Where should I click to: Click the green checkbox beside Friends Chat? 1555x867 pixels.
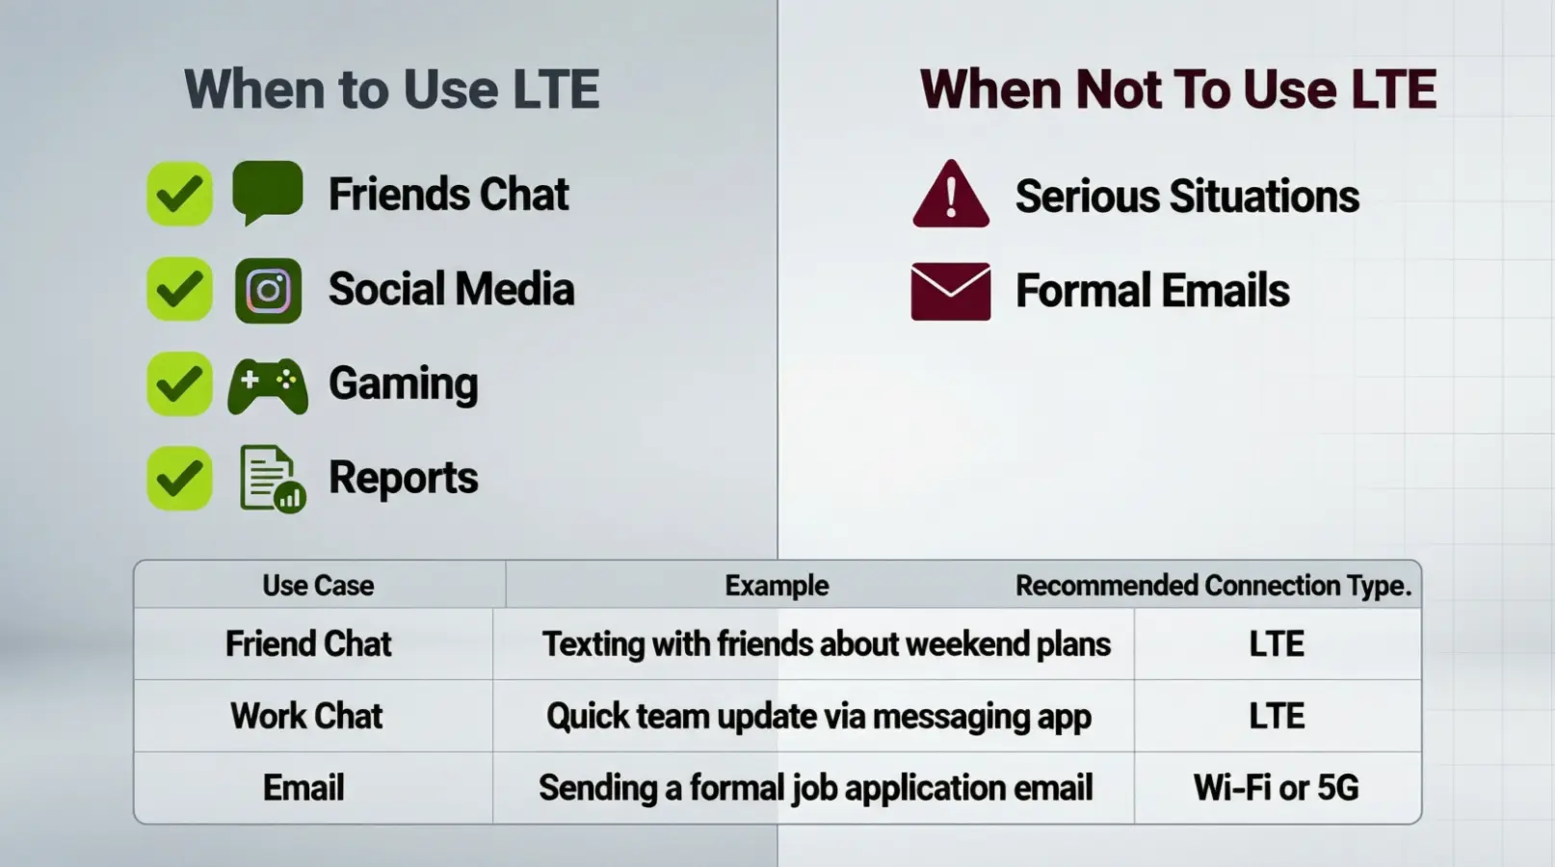[179, 194]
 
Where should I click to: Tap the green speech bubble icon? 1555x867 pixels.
[268, 191]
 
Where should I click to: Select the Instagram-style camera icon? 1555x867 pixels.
[268, 290]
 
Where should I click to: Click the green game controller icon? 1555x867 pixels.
[268, 385]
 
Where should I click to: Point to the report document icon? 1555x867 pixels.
[271, 479]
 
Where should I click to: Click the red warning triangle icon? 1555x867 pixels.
[950, 196]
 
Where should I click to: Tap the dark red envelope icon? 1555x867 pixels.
[950, 291]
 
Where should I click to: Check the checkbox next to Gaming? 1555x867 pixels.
[179, 384]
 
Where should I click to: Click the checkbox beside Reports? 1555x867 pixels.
[179, 479]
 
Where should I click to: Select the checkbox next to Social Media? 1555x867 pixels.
[179, 289]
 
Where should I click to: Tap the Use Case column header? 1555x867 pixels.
[318, 586]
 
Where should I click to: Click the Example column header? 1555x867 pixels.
[777, 586]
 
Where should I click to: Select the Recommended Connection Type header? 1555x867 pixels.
[1213, 586]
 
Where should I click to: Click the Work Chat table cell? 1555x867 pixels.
[306, 717]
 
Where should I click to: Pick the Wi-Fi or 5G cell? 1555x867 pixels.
[1276, 788]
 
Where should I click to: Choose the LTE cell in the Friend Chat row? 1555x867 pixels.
[1276, 644]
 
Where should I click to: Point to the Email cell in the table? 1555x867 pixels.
[303, 788]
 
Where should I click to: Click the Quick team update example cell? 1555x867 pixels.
[818, 717]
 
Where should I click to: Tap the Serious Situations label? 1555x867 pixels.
[1187, 197]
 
